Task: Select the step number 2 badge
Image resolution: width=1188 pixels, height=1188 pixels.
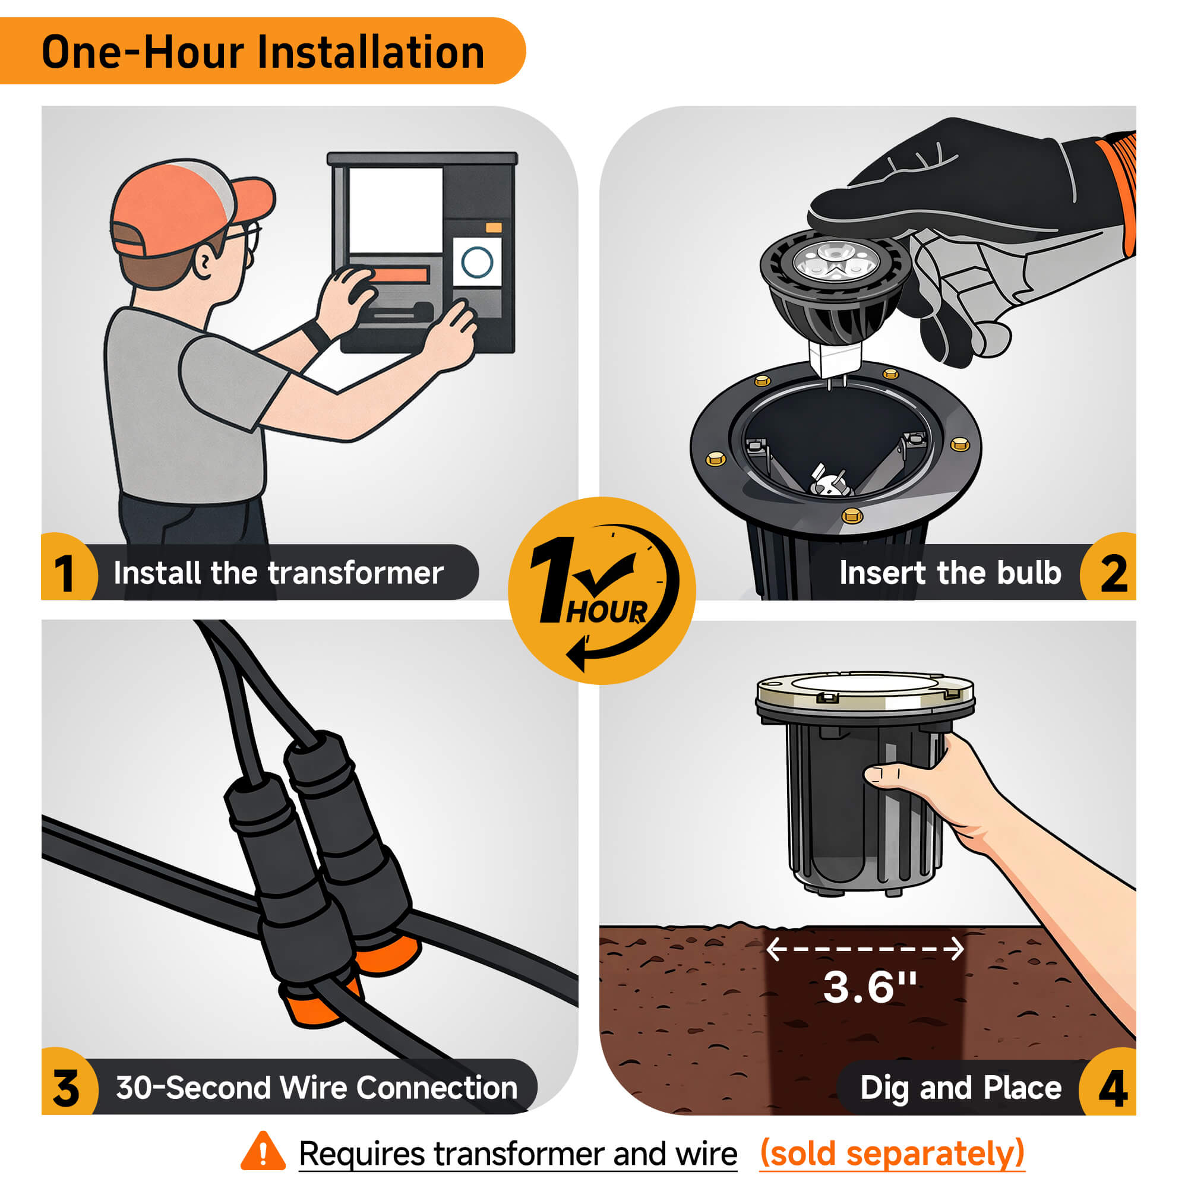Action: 1108,567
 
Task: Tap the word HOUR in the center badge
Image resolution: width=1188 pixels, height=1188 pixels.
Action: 607,612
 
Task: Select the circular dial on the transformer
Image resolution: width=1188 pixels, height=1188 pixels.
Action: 477,262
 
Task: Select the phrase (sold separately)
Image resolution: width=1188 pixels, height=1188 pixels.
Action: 892,1153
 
